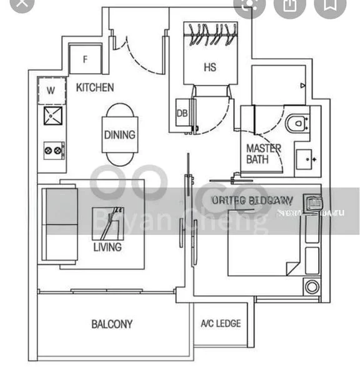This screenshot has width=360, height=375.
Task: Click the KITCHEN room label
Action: point(95,87)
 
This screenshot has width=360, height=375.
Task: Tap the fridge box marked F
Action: point(85,61)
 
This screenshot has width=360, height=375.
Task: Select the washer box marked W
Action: point(51,91)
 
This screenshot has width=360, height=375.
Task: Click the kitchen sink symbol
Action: point(52,115)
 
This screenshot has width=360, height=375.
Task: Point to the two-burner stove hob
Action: point(53,150)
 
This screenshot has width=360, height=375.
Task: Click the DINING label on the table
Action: point(119,134)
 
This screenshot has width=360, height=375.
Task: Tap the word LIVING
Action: point(108,247)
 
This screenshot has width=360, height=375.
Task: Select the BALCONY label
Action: point(112,324)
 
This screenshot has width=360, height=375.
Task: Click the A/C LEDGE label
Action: point(220,324)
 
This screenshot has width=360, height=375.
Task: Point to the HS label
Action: point(209,67)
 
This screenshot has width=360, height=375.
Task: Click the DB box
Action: point(182,113)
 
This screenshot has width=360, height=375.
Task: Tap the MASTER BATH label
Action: point(263,154)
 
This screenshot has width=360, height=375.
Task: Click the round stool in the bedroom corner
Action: point(311,287)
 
